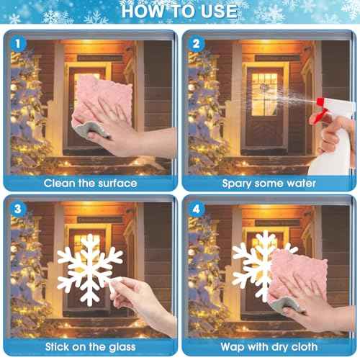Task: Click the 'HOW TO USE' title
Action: [179, 11]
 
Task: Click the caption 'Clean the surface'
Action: [90, 183]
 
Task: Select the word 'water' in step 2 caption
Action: [298, 183]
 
